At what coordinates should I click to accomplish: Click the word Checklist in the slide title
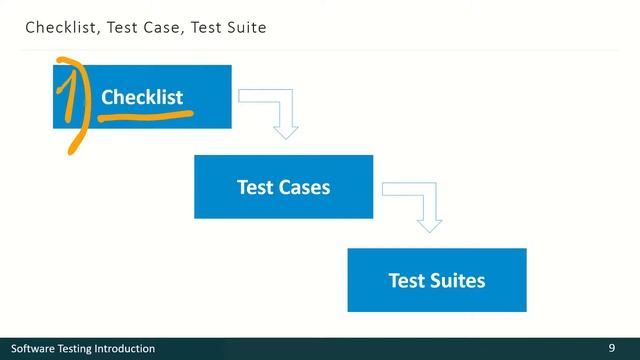coord(58,28)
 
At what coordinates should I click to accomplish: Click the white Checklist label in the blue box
coord(142,97)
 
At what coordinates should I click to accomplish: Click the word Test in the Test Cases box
coord(254,187)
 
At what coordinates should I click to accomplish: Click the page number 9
coord(611,348)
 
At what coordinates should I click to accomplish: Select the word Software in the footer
coord(33,349)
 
